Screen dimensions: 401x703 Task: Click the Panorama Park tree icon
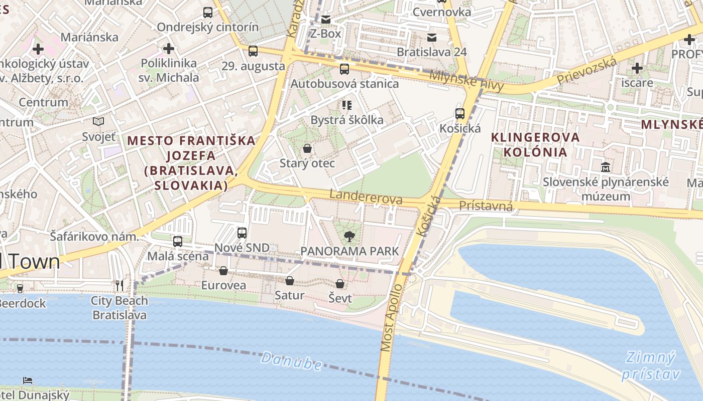348,237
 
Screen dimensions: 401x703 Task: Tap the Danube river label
291,360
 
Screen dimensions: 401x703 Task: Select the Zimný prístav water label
651,365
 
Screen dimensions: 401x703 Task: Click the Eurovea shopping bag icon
223,271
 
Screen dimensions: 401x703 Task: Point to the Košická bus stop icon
459,114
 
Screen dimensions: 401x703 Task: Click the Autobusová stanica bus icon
344,70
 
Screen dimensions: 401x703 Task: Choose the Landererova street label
366,196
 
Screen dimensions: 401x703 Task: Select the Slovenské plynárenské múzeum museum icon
605,166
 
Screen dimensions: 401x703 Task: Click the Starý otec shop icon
307,149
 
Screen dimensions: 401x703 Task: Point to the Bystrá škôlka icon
346,105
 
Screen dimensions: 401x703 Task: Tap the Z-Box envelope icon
326,20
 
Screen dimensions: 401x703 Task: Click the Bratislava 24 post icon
431,38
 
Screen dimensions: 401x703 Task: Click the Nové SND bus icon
242,233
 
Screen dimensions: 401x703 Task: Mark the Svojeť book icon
98,122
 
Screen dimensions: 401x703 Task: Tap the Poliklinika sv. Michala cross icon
169,49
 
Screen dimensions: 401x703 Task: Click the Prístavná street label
486,206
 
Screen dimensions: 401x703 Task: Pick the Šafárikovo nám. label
94,236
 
